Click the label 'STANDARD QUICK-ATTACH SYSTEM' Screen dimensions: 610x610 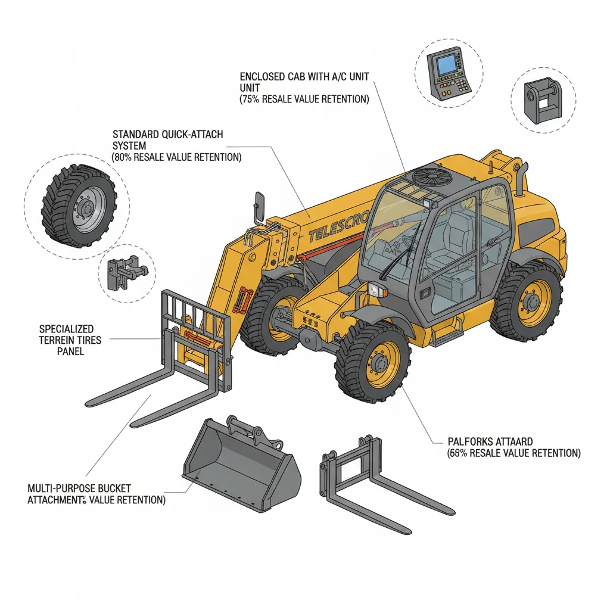pyautogui.click(x=167, y=140)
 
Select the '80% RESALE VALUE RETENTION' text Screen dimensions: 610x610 pyautogui.click(x=176, y=158)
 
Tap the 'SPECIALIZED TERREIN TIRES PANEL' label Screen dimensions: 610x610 pyautogui.click(x=70, y=340)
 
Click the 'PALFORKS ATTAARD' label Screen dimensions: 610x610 pyautogui.click(x=490, y=442)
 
